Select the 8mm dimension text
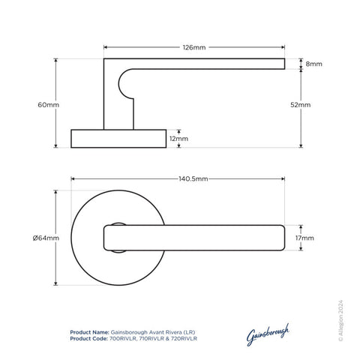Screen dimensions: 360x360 click(314, 64)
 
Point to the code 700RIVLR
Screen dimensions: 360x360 click(124, 339)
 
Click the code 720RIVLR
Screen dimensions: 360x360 click(182, 339)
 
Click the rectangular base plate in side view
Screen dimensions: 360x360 click(118, 139)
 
